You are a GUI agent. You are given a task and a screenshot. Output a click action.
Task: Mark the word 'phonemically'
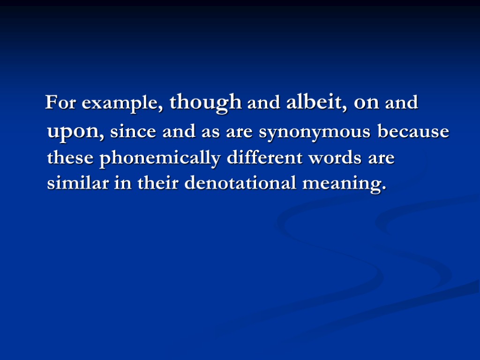tap(160, 159)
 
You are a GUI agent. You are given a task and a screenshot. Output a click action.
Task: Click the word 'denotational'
tap(240, 183)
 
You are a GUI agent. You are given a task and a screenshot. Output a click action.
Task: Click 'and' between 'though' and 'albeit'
tap(264, 103)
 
